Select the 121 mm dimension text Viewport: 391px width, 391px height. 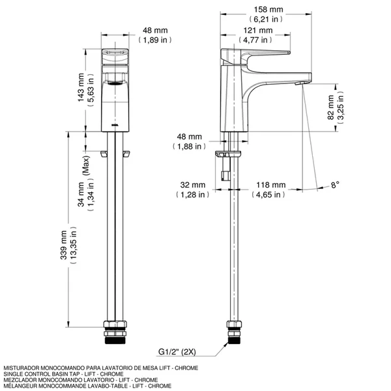pos(259,31)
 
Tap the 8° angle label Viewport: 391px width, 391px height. pos(334,185)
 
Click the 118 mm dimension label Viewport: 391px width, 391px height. pos(268,184)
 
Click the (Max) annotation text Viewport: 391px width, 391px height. pos(85,167)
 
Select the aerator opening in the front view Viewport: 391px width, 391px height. pos(115,83)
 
